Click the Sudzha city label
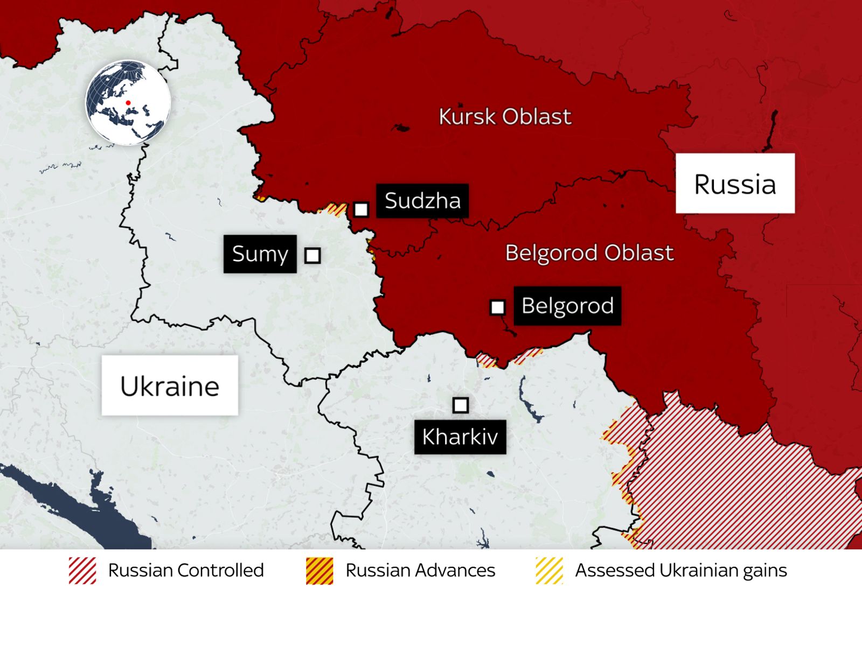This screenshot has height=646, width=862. click(x=422, y=201)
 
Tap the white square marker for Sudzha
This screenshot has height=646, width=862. click(x=361, y=209)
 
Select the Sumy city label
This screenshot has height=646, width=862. click(x=260, y=254)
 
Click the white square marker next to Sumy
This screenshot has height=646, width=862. click(x=312, y=255)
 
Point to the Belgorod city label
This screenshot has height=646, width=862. click(x=567, y=306)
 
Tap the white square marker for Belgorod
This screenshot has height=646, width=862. click(x=497, y=307)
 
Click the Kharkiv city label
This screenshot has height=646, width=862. click(x=460, y=437)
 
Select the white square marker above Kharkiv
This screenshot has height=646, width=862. click(x=460, y=405)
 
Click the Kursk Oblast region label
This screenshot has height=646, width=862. click(x=505, y=117)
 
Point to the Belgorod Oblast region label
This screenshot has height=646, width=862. click(x=589, y=253)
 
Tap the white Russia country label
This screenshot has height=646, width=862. click(x=735, y=184)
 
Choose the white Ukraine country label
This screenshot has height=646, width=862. click(x=170, y=385)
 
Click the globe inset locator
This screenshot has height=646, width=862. click(x=128, y=102)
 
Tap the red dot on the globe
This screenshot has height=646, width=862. click(x=128, y=102)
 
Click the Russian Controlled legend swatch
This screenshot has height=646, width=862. click(x=82, y=571)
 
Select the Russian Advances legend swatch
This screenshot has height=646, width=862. click(x=319, y=571)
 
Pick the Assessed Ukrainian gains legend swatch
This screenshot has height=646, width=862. click(x=549, y=571)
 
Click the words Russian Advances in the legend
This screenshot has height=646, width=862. click(x=420, y=571)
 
